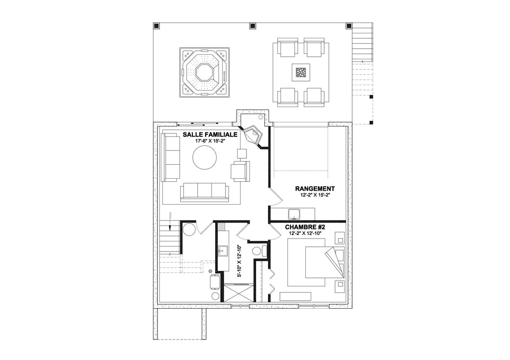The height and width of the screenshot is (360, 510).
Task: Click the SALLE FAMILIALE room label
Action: pyautogui.click(x=209, y=134)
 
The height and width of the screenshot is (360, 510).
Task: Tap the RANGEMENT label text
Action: pyautogui.click(x=315, y=189)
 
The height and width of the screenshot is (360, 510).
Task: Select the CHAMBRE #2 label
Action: pyautogui.click(x=305, y=227)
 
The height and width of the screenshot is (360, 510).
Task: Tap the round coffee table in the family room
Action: pyautogui.click(x=205, y=160)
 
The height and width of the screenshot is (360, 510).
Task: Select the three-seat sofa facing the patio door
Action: pyautogui.click(x=204, y=191)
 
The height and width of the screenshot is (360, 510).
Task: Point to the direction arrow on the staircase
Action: pyautogui.click(x=170, y=227)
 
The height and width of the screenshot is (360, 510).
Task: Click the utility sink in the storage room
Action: pyautogui.click(x=293, y=215)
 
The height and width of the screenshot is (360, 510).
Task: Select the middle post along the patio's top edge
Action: pyautogui.click(x=252, y=25)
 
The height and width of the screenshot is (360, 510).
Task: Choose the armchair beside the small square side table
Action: pyautogui.click(x=240, y=171)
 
